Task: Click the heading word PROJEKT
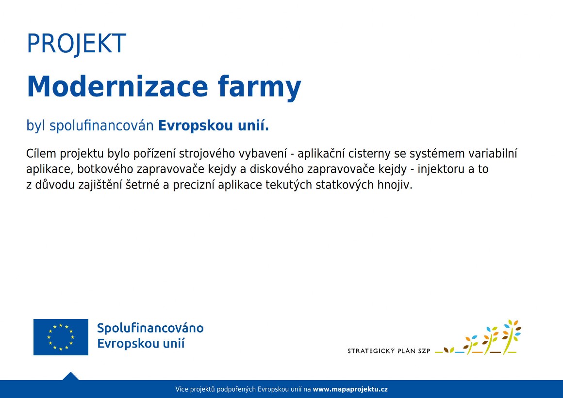coord(77,44)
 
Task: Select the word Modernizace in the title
coord(117,87)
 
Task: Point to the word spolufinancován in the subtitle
coord(101,126)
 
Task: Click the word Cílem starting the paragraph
coord(41,154)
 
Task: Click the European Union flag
coord(61,337)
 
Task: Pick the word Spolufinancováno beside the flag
coord(150,328)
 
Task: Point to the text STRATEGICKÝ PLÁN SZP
coord(388,350)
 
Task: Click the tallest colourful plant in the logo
coord(511,336)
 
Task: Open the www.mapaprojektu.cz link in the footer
coord(350,389)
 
